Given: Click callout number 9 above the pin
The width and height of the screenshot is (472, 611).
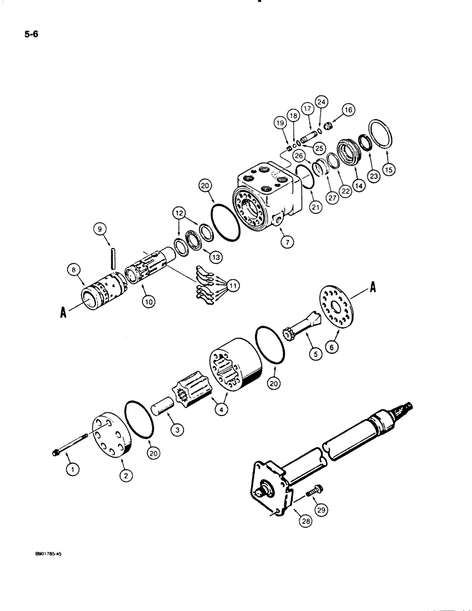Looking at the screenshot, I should [x=100, y=229].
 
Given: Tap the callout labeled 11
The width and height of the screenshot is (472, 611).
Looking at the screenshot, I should [x=233, y=285].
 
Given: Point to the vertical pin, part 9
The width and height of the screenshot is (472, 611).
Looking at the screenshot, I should [x=114, y=255].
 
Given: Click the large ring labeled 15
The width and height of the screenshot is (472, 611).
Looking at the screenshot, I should [x=377, y=136].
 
